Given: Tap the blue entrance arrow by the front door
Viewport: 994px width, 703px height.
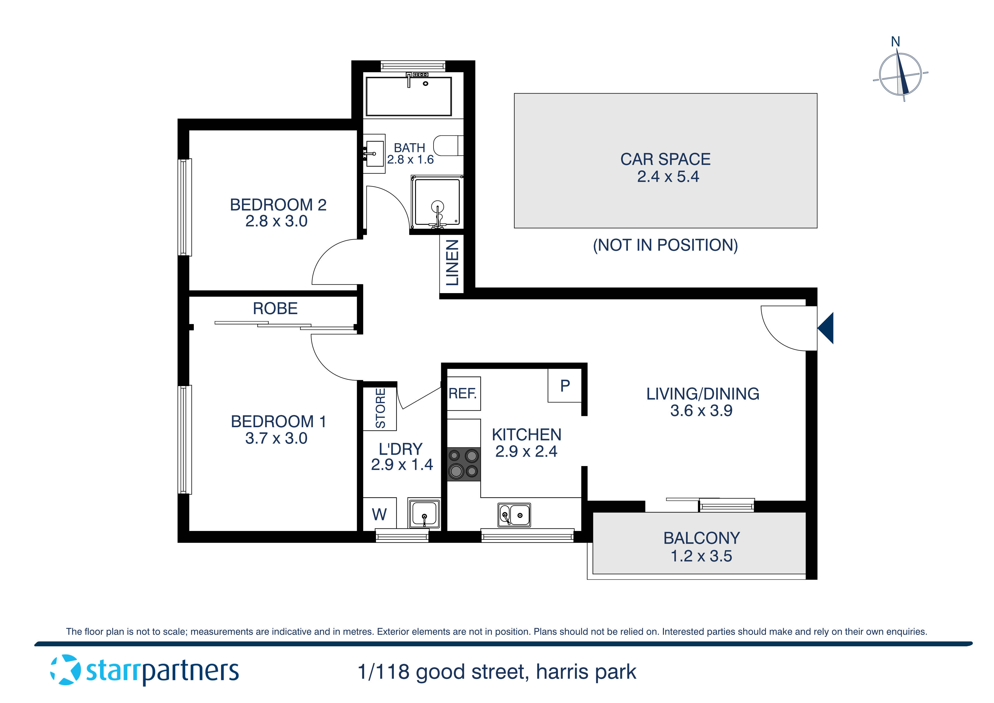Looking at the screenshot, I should [x=826, y=328].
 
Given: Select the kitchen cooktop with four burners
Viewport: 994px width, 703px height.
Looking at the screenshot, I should [x=464, y=464].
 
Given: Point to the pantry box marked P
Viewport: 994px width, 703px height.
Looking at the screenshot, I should [x=564, y=386].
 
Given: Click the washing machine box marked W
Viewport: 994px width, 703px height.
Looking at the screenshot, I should [x=379, y=514].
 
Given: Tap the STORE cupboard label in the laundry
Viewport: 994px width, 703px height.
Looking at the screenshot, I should [x=380, y=408].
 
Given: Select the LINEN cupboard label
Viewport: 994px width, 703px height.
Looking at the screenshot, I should [x=452, y=263].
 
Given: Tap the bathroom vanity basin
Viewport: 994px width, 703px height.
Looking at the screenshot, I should [x=375, y=153].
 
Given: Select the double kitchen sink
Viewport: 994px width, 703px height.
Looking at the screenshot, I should [x=514, y=515].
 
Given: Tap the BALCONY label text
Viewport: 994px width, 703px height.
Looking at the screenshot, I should [x=701, y=538].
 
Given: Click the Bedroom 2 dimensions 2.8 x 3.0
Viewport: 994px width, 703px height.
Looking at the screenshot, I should [x=276, y=221].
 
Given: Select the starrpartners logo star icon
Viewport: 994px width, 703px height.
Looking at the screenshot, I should [x=65, y=670].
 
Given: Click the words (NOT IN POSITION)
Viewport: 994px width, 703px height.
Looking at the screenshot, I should [x=665, y=245].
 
